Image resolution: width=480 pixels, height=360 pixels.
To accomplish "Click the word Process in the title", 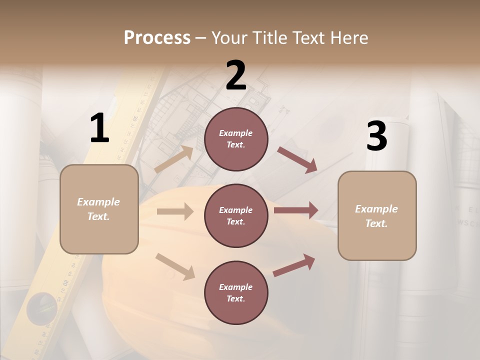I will pyautogui.click(x=157, y=37).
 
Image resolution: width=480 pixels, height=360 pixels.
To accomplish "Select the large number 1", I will pyautogui.click(x=99, y=128).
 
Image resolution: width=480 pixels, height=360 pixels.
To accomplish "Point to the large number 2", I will pyautogui.click(x=236, y=75).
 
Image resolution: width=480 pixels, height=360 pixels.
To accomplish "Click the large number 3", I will pyautogui.click(x=376, y=136).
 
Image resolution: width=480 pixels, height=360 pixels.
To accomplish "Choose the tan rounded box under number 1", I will pyautogui.click(x=99, y=209).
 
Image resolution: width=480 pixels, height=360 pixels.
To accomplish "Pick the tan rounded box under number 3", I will pyautogui.click(x=377, y=216).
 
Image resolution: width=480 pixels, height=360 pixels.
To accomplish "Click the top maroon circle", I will pyautogui.click(x=236, y=139).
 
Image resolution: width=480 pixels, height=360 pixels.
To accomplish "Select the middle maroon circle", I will pyautogui.click(x=236, y=215).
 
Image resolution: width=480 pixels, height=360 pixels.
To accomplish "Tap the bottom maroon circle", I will pyautogui.click(x=236, y=292).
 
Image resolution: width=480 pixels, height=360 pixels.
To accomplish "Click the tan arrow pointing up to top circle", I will pyautogui.click(x=174, y=158).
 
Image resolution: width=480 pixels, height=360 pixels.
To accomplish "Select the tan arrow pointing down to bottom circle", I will pyautogui.click(x=175, y=266).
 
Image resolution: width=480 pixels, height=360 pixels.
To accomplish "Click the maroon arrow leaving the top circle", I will pyautogui.click(x=297, y=159).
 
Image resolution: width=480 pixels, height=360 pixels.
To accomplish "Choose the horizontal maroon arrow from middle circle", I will pyautogui.click(x=296, y=210).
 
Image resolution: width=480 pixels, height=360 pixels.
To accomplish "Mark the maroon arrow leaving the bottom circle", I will pyautogui.click(x=294, y=265).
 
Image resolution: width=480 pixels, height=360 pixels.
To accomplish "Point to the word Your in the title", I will pyautogui.click(x=230, y=37).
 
